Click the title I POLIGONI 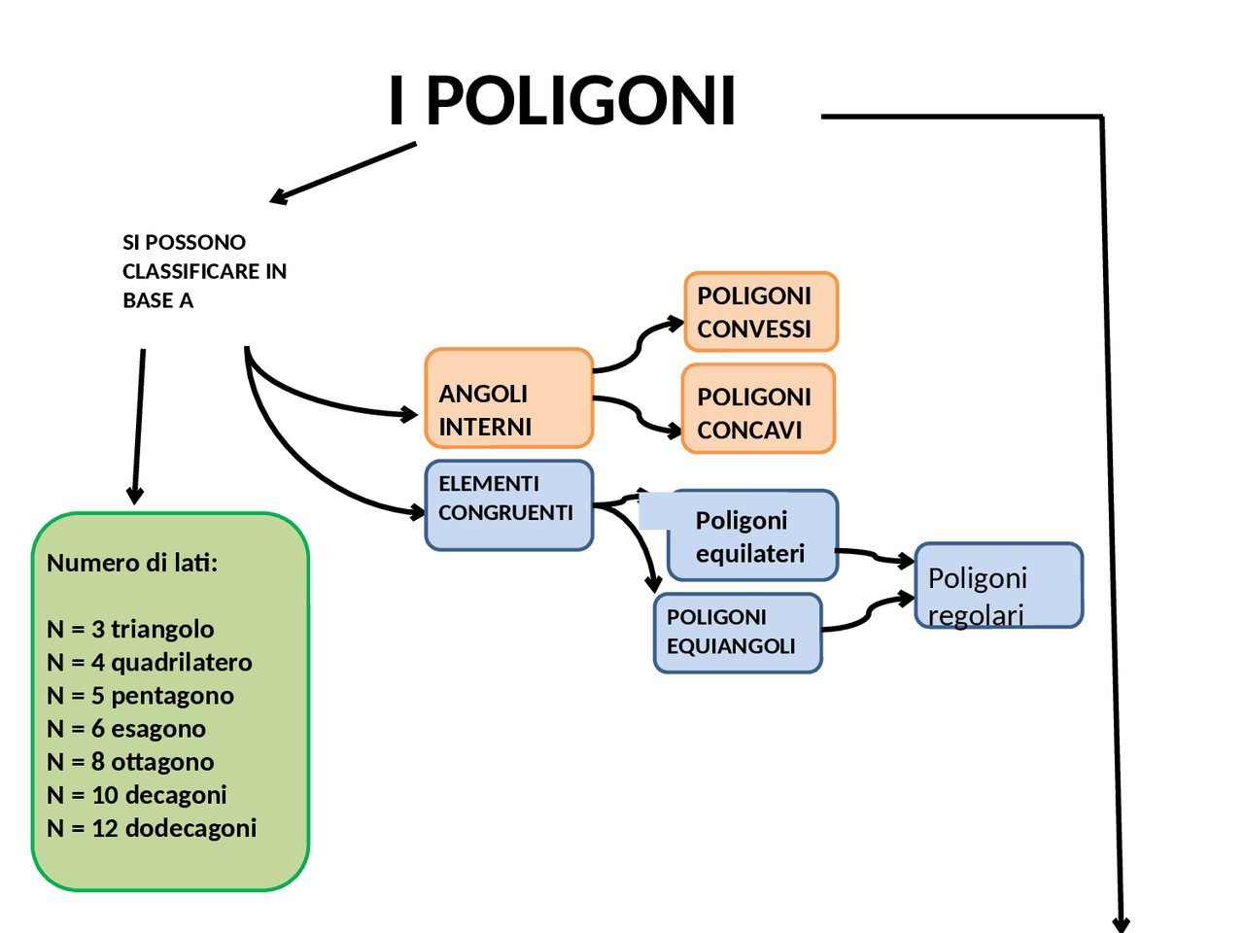562,101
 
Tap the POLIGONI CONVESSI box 760,312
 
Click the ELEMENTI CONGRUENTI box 508,504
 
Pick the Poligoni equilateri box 752,536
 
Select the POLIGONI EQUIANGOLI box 737,634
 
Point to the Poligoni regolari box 998,586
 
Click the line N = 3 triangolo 130,629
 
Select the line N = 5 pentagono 140,696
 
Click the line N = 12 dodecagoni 152,828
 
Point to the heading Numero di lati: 132,563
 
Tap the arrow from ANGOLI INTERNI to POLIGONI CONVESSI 638,345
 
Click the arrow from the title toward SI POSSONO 345,173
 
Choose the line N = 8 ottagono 130,762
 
